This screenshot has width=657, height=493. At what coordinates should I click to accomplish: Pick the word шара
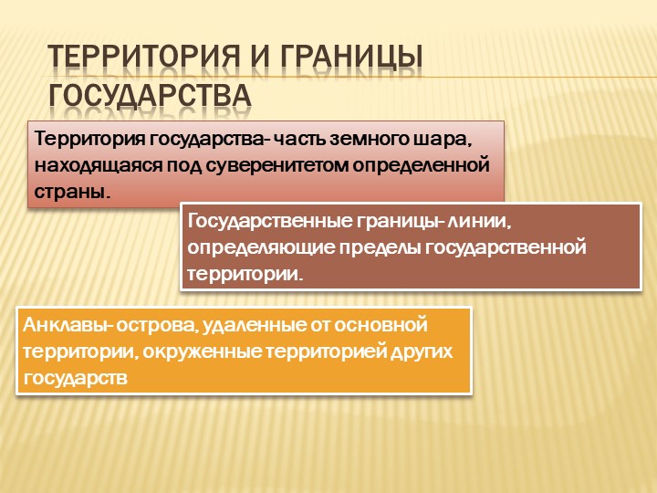[446, 140]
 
